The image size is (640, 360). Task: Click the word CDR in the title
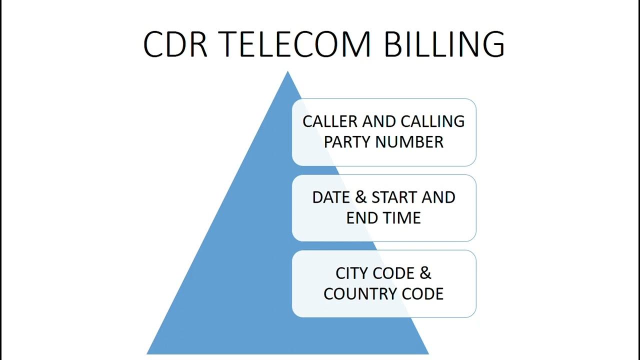click(175, 44)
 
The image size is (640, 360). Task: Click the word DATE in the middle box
click(331, 197)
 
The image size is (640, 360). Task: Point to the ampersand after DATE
click(360, 197)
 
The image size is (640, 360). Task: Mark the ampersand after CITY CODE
click(425, 273)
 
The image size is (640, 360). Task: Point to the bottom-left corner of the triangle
click(147, 353)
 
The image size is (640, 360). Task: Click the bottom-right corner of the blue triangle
click(428, 353)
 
